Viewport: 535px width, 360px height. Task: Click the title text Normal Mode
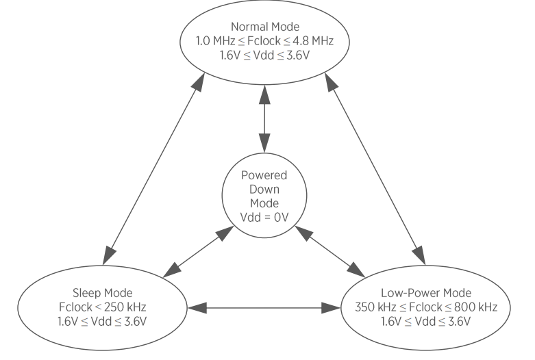266,27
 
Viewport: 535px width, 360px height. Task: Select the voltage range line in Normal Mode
266,54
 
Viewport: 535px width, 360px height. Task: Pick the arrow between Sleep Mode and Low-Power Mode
264,308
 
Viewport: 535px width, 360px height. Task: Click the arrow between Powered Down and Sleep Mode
196,253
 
